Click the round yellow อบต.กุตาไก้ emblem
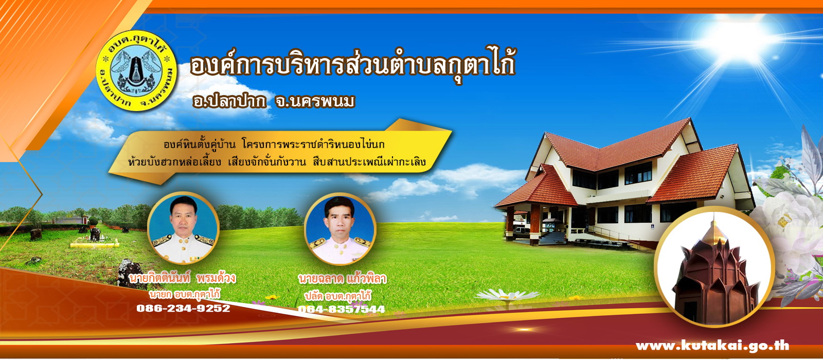click(x=136, y=70)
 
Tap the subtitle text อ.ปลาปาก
click(x=229, y=101)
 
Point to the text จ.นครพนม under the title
click(x=315, y=101)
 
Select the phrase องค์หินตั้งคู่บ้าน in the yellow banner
click(x=200, y=144)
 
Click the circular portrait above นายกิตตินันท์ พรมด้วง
click(x=183, y=228)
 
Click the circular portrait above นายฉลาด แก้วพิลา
click(x=340, y=229)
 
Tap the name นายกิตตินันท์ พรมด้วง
click(x=183, y=278)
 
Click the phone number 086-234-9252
click(x=183, y=308)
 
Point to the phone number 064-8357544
click(x=342, y=309)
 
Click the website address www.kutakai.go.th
click(x=712, y=346)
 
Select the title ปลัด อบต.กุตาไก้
click(x=337, y=296)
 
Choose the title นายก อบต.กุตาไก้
click(x=185, y=294)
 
